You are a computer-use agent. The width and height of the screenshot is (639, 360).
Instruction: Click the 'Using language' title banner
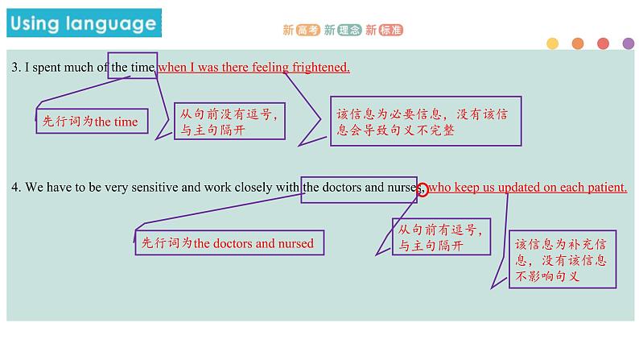[x=83, y=23]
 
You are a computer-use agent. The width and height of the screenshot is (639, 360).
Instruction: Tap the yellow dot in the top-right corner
[x=552, y=43]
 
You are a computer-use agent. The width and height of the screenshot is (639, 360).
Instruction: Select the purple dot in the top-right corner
[x=628, y=43]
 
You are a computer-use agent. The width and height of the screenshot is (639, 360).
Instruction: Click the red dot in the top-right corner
[x=603, y=43]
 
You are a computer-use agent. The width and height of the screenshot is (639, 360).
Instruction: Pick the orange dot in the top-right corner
[x=577, y=43]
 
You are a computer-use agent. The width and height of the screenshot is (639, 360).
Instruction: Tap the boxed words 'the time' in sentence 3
[x=132, y=68]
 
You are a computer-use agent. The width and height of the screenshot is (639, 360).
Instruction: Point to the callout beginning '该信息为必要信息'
[x=426, y=122]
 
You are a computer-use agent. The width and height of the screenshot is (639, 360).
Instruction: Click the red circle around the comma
[x=423, y=188]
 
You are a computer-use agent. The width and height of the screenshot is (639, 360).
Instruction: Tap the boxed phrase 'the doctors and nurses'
[x=359, y=188]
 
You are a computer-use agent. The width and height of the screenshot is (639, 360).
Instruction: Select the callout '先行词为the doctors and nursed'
[x=229, y=242]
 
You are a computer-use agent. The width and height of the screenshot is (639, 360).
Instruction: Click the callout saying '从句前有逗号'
[x=441, y=237]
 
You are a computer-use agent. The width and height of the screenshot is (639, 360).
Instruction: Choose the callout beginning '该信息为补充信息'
[x=562, y=260]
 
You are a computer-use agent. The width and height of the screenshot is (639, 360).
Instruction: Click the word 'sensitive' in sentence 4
[x=155, y=188]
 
